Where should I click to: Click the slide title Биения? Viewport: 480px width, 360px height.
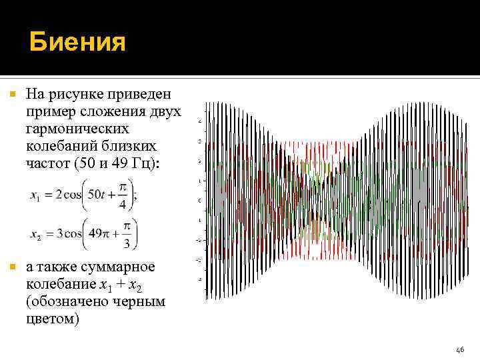click(x=77, y=43)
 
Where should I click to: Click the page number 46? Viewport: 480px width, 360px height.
click(x=459, y=349)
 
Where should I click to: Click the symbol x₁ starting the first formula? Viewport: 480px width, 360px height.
click(x=35, y=195)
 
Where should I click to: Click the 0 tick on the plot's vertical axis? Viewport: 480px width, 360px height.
click(x=200, y=201)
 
